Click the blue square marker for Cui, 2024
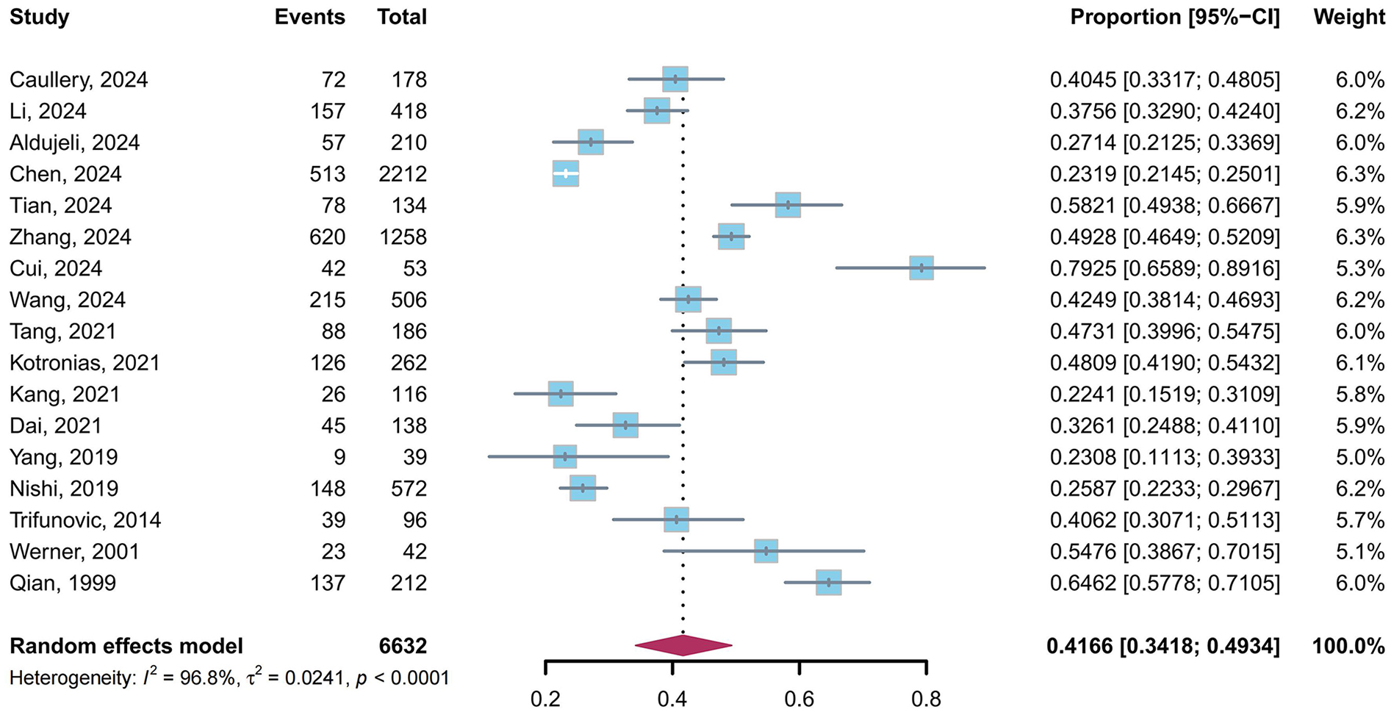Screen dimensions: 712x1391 (921, 268)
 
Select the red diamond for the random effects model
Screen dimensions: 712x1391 (683, 646)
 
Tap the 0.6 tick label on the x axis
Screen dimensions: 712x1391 (799, 698)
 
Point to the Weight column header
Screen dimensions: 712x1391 (1348, 17)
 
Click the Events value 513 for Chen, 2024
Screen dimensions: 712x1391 (327, 174)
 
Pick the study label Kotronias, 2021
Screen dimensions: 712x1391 (85, 363)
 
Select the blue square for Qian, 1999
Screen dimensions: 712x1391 (828, 583)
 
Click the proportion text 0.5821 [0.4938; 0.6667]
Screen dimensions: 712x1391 (1164, 206)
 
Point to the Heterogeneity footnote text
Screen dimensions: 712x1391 (229, 677)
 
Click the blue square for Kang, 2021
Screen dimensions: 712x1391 (561, 394)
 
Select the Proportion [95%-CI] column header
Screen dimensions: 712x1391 (1174, 17)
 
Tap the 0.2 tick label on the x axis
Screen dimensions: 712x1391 (545, 698)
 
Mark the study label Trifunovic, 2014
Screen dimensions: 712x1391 (85, 520)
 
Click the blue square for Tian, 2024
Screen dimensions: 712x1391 (788, 205)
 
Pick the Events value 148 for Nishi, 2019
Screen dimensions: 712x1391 (327, 489)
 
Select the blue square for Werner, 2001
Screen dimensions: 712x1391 (766, 551)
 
